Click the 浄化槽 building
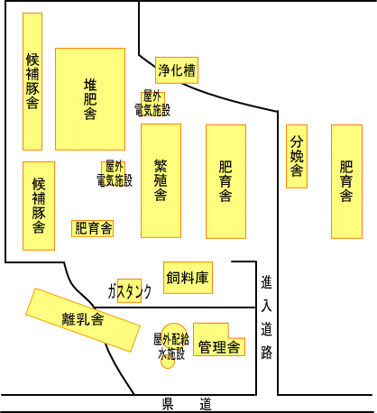(177, 70)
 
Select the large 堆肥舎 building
(90, 99)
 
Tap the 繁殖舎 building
(161, 180)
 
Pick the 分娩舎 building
(297, 156)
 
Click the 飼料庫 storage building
(188, 278)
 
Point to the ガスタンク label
(130, 291)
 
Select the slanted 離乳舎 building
(83, 320)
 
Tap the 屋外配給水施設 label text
(171, 346)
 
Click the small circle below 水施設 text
(168, 363)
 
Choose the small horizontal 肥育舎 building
(93, 228)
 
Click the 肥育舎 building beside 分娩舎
(346, 181)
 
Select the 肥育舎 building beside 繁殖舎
(225, 181)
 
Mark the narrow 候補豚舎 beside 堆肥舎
(32, 81)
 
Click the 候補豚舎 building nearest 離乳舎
(39, 206)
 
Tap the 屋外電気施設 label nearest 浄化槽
(152, 104)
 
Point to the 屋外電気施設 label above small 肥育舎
(115, 174)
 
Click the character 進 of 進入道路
(267, 282)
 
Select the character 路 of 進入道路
(267, 353)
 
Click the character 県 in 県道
(168, 404)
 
